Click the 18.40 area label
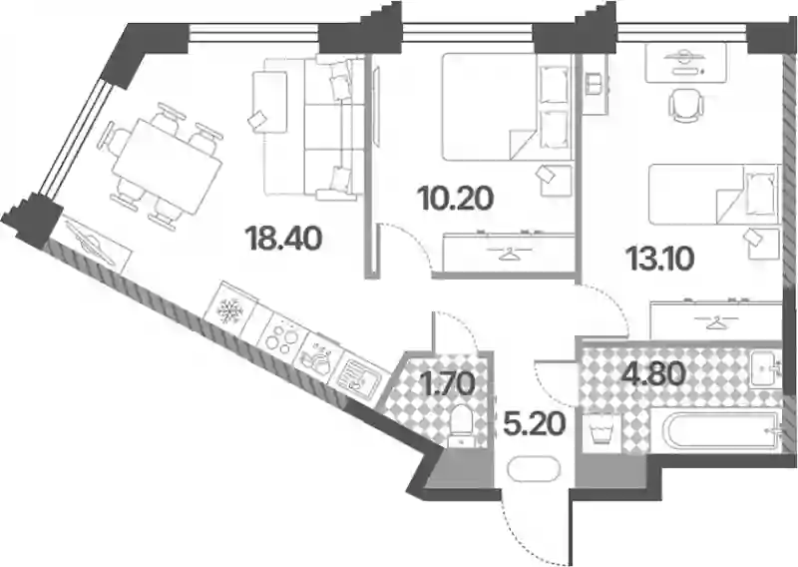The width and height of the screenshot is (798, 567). click(283, 239)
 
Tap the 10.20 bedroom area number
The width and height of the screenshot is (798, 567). click(455, 199)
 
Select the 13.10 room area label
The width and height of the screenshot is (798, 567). click(660, 260)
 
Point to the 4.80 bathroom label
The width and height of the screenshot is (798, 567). click(653, 375)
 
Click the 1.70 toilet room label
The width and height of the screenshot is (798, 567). click(450, 383)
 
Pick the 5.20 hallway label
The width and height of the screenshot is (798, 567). click(535, 424)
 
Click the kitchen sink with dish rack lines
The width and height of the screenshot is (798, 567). click(359, 375)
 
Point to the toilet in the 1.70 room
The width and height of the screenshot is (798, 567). click(463, 426)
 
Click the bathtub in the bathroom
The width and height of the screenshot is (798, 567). click(720, 432)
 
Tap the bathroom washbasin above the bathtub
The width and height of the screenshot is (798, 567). click(765, 367)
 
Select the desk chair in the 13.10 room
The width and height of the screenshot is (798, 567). click(685, 106)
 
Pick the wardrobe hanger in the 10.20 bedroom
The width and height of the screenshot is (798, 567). click(507, 254)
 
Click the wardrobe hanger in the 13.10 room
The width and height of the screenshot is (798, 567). click(716, 322)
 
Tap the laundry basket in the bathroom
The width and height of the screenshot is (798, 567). click(601, 431)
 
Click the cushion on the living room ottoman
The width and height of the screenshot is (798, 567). click(257, 120)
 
